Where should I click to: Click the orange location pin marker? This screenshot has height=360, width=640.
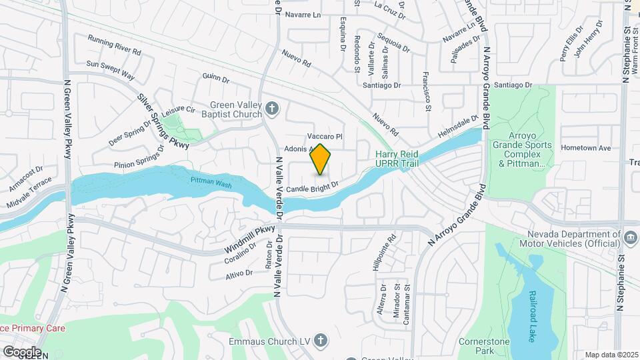(x=321, y=159)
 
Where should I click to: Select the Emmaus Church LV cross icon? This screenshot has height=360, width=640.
(x=321, y=341)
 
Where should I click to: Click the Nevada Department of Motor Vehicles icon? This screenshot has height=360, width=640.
(x=629, y=236)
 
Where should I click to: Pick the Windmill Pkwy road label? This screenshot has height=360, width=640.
(x=249, y=238)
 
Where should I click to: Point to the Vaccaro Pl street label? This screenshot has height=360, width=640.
(x=324, y=136)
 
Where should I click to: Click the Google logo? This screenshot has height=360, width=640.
(x=21, y=352)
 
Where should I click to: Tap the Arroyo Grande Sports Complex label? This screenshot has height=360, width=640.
(x=522, y=145)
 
